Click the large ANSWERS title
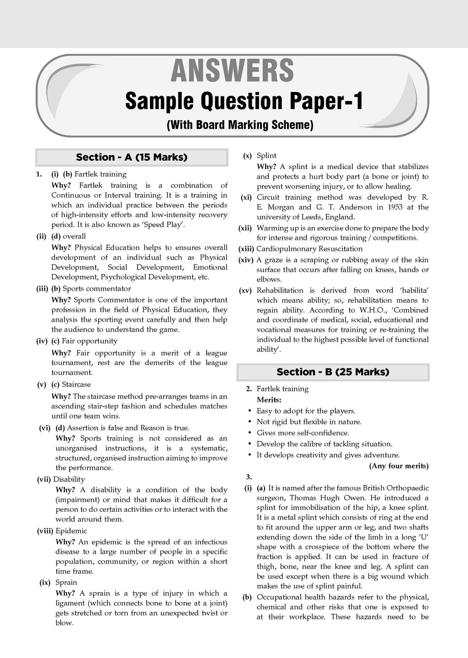tap(232, 71)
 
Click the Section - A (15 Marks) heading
tap(132, 157)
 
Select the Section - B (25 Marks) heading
tap(333, 372)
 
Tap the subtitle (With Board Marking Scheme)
tap(240, 124)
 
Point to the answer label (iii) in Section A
tap(43, 289)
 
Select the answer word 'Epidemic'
tap(71, 531)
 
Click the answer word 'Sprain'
tap(66, 583)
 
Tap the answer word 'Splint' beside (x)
tap(266, 156)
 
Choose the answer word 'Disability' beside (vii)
tap(69, 479)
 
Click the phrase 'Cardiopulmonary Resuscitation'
tap(309, 249)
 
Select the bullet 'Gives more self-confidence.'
tap(303, 433)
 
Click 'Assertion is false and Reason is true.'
tap(128, 428)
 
